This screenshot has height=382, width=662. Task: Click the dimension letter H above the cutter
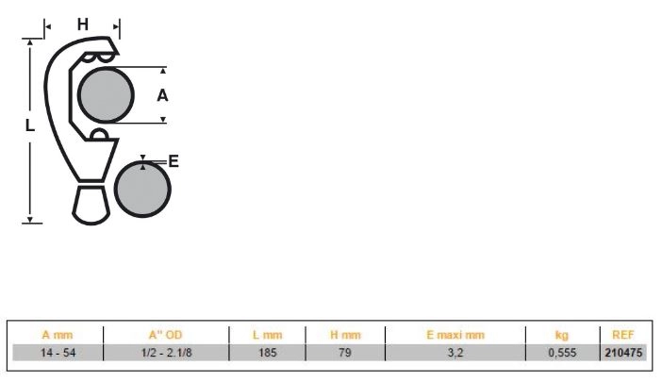pos(83,25)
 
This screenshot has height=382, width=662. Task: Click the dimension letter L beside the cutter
pos(29,125)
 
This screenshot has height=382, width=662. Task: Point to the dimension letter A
pos(162,96)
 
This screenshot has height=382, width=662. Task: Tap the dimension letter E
pos(174,161)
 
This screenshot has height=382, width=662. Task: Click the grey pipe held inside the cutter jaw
pos(106,95)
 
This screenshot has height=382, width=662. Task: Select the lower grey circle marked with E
pos(142,189)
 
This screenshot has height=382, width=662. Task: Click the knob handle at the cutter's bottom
pos(91,204)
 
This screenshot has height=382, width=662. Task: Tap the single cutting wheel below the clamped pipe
pos(99,134)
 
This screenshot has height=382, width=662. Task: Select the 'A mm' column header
pos(58,335)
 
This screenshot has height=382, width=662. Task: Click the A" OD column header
pos(166,335)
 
